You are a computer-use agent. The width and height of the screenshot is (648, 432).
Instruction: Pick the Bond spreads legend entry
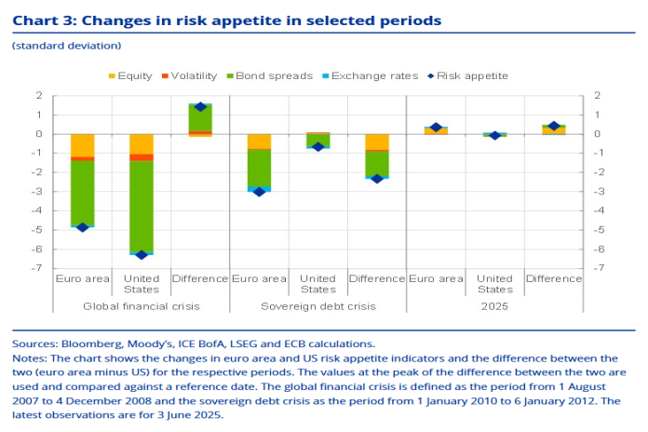(x=269, y=75)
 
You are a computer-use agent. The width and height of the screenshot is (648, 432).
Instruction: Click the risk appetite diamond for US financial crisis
(x=142, y=254)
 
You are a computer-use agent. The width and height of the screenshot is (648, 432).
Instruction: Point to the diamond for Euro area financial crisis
(x=82, y=227)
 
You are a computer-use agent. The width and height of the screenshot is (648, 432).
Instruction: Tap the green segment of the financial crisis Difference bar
(x=200, y=117)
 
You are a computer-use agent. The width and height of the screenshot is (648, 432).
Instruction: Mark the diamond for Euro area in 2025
(x=436, y=128)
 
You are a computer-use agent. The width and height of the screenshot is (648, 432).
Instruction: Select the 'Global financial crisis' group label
(x=142, y=305)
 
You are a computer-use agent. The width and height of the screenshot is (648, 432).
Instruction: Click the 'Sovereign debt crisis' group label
(x=317, y=305)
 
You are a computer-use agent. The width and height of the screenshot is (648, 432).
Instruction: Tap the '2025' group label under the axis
(x=494, y=305)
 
